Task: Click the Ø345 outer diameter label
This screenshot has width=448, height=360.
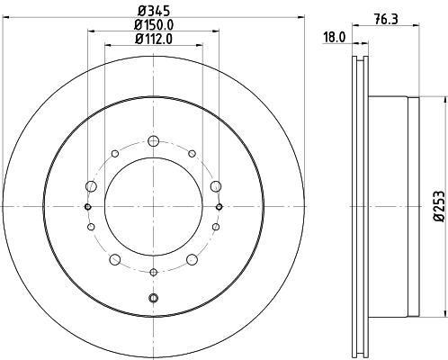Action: (153, 11)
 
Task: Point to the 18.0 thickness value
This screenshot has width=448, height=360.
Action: (334, 38)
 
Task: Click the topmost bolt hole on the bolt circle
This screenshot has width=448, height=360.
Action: (153, 140)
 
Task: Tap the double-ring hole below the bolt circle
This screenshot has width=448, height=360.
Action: (153, 298)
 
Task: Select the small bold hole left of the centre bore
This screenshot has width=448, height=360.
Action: (87, 206)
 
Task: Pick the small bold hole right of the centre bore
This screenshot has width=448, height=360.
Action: (219, 206)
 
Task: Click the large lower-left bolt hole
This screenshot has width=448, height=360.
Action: (114, 260)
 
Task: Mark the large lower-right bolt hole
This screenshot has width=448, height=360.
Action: (192, 260)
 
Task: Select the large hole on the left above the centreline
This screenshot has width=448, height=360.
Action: (91, 186)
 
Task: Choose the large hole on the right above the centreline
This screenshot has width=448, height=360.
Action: (215, 186)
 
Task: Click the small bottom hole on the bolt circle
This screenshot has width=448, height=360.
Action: (153, 272)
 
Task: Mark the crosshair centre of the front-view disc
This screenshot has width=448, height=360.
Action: (153, 206)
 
